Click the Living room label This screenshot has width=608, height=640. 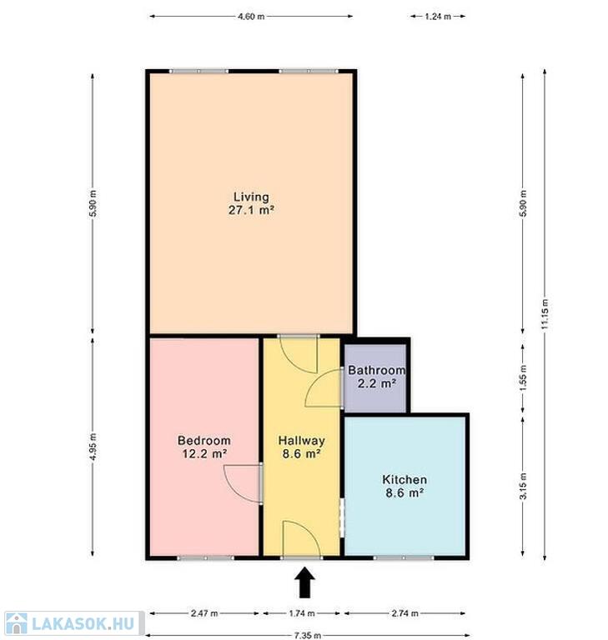click(x=251, y=203)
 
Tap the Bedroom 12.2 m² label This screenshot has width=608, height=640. click(x=204, y=447)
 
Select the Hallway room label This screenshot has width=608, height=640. click(x=302, y=447)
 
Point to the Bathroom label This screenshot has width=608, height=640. click(x=376, y=377)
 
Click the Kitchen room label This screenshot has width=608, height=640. click(x=404, y=486)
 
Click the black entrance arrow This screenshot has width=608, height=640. click(x=304, y=582)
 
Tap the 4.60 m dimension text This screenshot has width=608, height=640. click(x=251, y=17)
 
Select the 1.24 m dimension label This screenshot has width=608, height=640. click(x=438, y=17)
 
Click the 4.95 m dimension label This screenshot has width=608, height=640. click(x=93, y=447)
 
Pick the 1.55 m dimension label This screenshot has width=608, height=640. click(x=524, y=377)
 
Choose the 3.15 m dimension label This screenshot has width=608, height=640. click(x=524, y=486)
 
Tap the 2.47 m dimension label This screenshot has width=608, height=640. click(x=204, y=613)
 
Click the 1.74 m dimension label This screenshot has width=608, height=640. click(x=302, y=613)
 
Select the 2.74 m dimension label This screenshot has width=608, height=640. click(x=405, y=613)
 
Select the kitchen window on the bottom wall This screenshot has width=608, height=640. click(x=404, y=557)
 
